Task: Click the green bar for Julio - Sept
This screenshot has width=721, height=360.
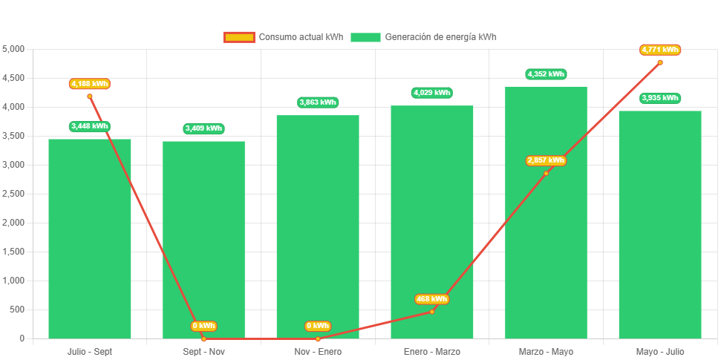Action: (x=90, y=238)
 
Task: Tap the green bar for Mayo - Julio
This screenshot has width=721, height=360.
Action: (x=660, y=223)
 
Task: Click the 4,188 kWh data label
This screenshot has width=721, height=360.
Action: (x=90, y=84)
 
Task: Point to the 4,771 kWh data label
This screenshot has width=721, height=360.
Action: (x=660, y=50)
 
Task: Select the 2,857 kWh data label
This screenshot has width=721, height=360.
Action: (x=546, y=160)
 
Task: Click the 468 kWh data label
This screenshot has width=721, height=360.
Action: (x=431, y=299)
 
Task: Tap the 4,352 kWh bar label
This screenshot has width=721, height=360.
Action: (x=546, y=74)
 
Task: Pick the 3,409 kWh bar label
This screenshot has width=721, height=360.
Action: (x=203, y=128)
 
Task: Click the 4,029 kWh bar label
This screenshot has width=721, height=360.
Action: (x=431, y=93)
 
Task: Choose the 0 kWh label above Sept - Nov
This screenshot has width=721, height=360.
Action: (x=203, y=326)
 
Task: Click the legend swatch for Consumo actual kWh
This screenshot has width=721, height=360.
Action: (x=238, y=37)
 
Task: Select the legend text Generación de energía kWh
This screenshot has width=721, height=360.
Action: (x=440, y=37)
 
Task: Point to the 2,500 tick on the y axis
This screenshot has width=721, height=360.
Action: (x=14, y=194)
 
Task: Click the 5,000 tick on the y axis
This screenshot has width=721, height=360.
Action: (x=14, y=49)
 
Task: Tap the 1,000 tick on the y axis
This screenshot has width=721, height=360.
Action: (x=14, y=281)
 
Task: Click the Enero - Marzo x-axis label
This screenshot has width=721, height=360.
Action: (x=431, y=351)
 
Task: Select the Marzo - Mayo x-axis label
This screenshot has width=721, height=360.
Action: (x=546, y=351)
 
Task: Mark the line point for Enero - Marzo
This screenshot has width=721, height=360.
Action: (x=431, y=312)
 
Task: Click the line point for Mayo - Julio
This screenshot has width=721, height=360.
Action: (x=660, y=62)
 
